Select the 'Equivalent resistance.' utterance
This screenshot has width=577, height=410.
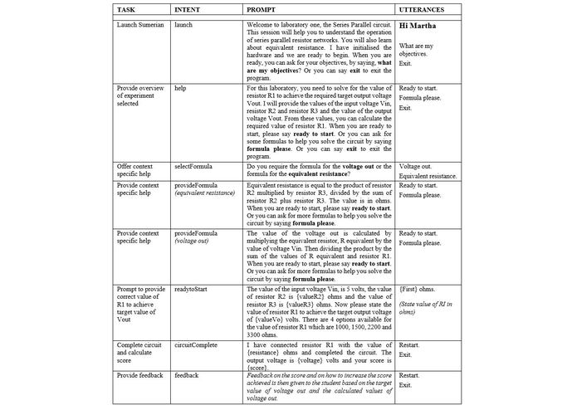(428, 176)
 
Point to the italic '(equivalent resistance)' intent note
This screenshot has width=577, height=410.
(204, 193)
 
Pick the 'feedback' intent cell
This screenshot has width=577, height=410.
(187, 375)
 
